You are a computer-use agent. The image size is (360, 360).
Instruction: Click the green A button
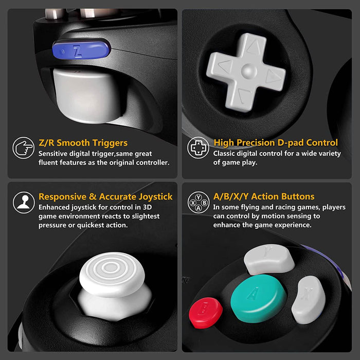pyautogui.click(x=258, y=298)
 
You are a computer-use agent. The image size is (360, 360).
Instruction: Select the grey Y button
pyautogui.click(x=268, y=259)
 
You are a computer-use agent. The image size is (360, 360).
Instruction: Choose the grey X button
pyautogui.click(x=308, y=300)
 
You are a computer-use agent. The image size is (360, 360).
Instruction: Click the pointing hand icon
pyautogui.click(x=23, y=148)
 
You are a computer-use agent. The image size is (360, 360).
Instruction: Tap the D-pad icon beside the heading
pyautogui.click(x=198, y=148)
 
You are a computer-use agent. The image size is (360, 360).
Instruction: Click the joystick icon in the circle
pyautogui.click(x=23, y=202)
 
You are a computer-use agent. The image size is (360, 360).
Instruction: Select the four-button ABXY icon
pyautogui.click(x=198, y=202)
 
